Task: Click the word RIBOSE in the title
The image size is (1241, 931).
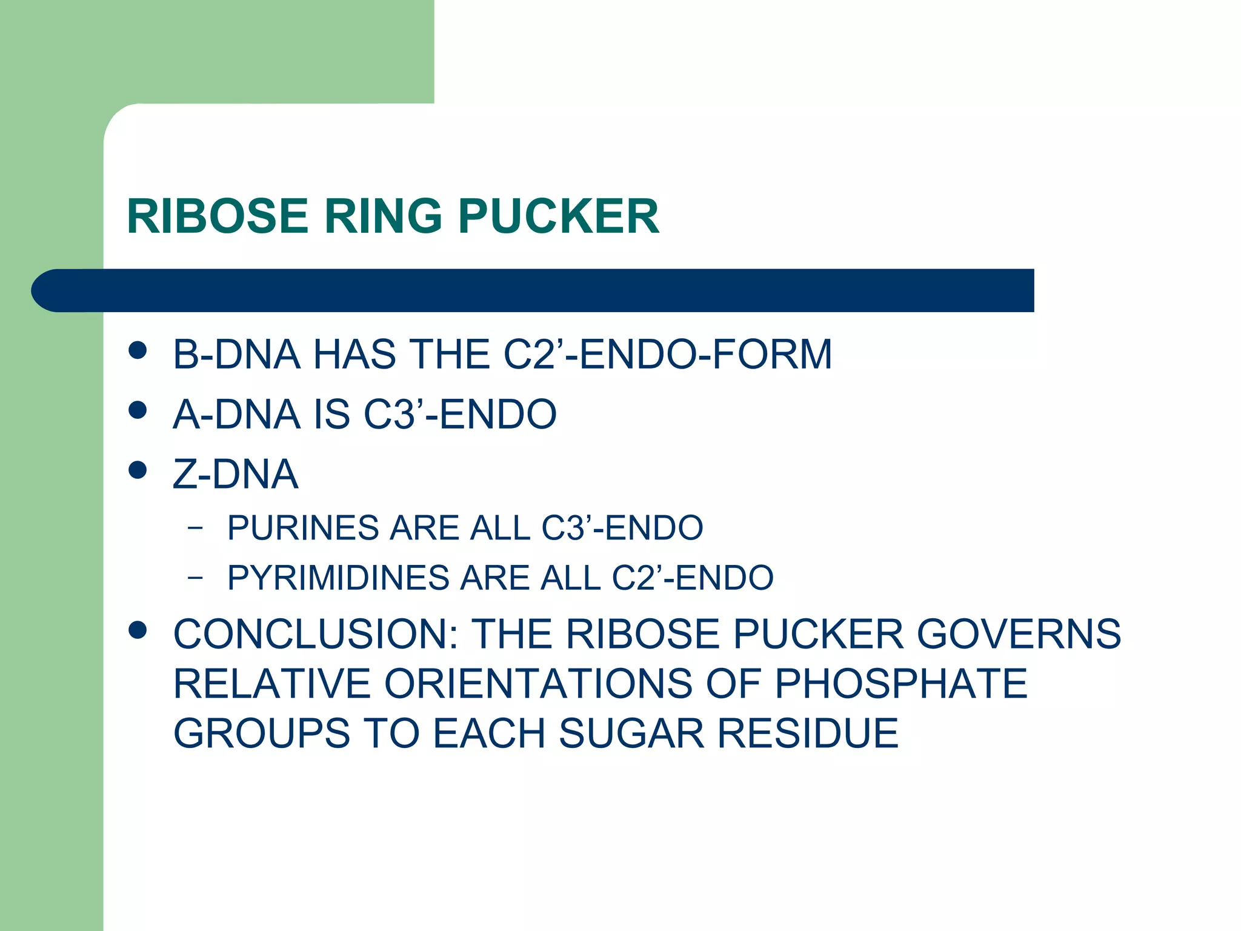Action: pos(218,216)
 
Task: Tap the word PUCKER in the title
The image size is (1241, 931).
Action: pos(558,216)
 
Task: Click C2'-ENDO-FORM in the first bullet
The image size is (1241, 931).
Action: pos(668,354)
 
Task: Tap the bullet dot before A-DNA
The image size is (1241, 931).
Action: pos(138,410)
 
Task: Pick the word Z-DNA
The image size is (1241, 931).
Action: pos(236,475)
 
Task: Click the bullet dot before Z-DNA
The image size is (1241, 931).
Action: pos(138,470)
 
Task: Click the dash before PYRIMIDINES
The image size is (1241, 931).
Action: pos(195,578)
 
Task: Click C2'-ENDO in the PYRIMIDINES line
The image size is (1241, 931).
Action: pos(693,578)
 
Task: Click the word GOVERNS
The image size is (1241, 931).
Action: pos(1019,634)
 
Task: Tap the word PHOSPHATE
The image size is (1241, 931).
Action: pos(901,684)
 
